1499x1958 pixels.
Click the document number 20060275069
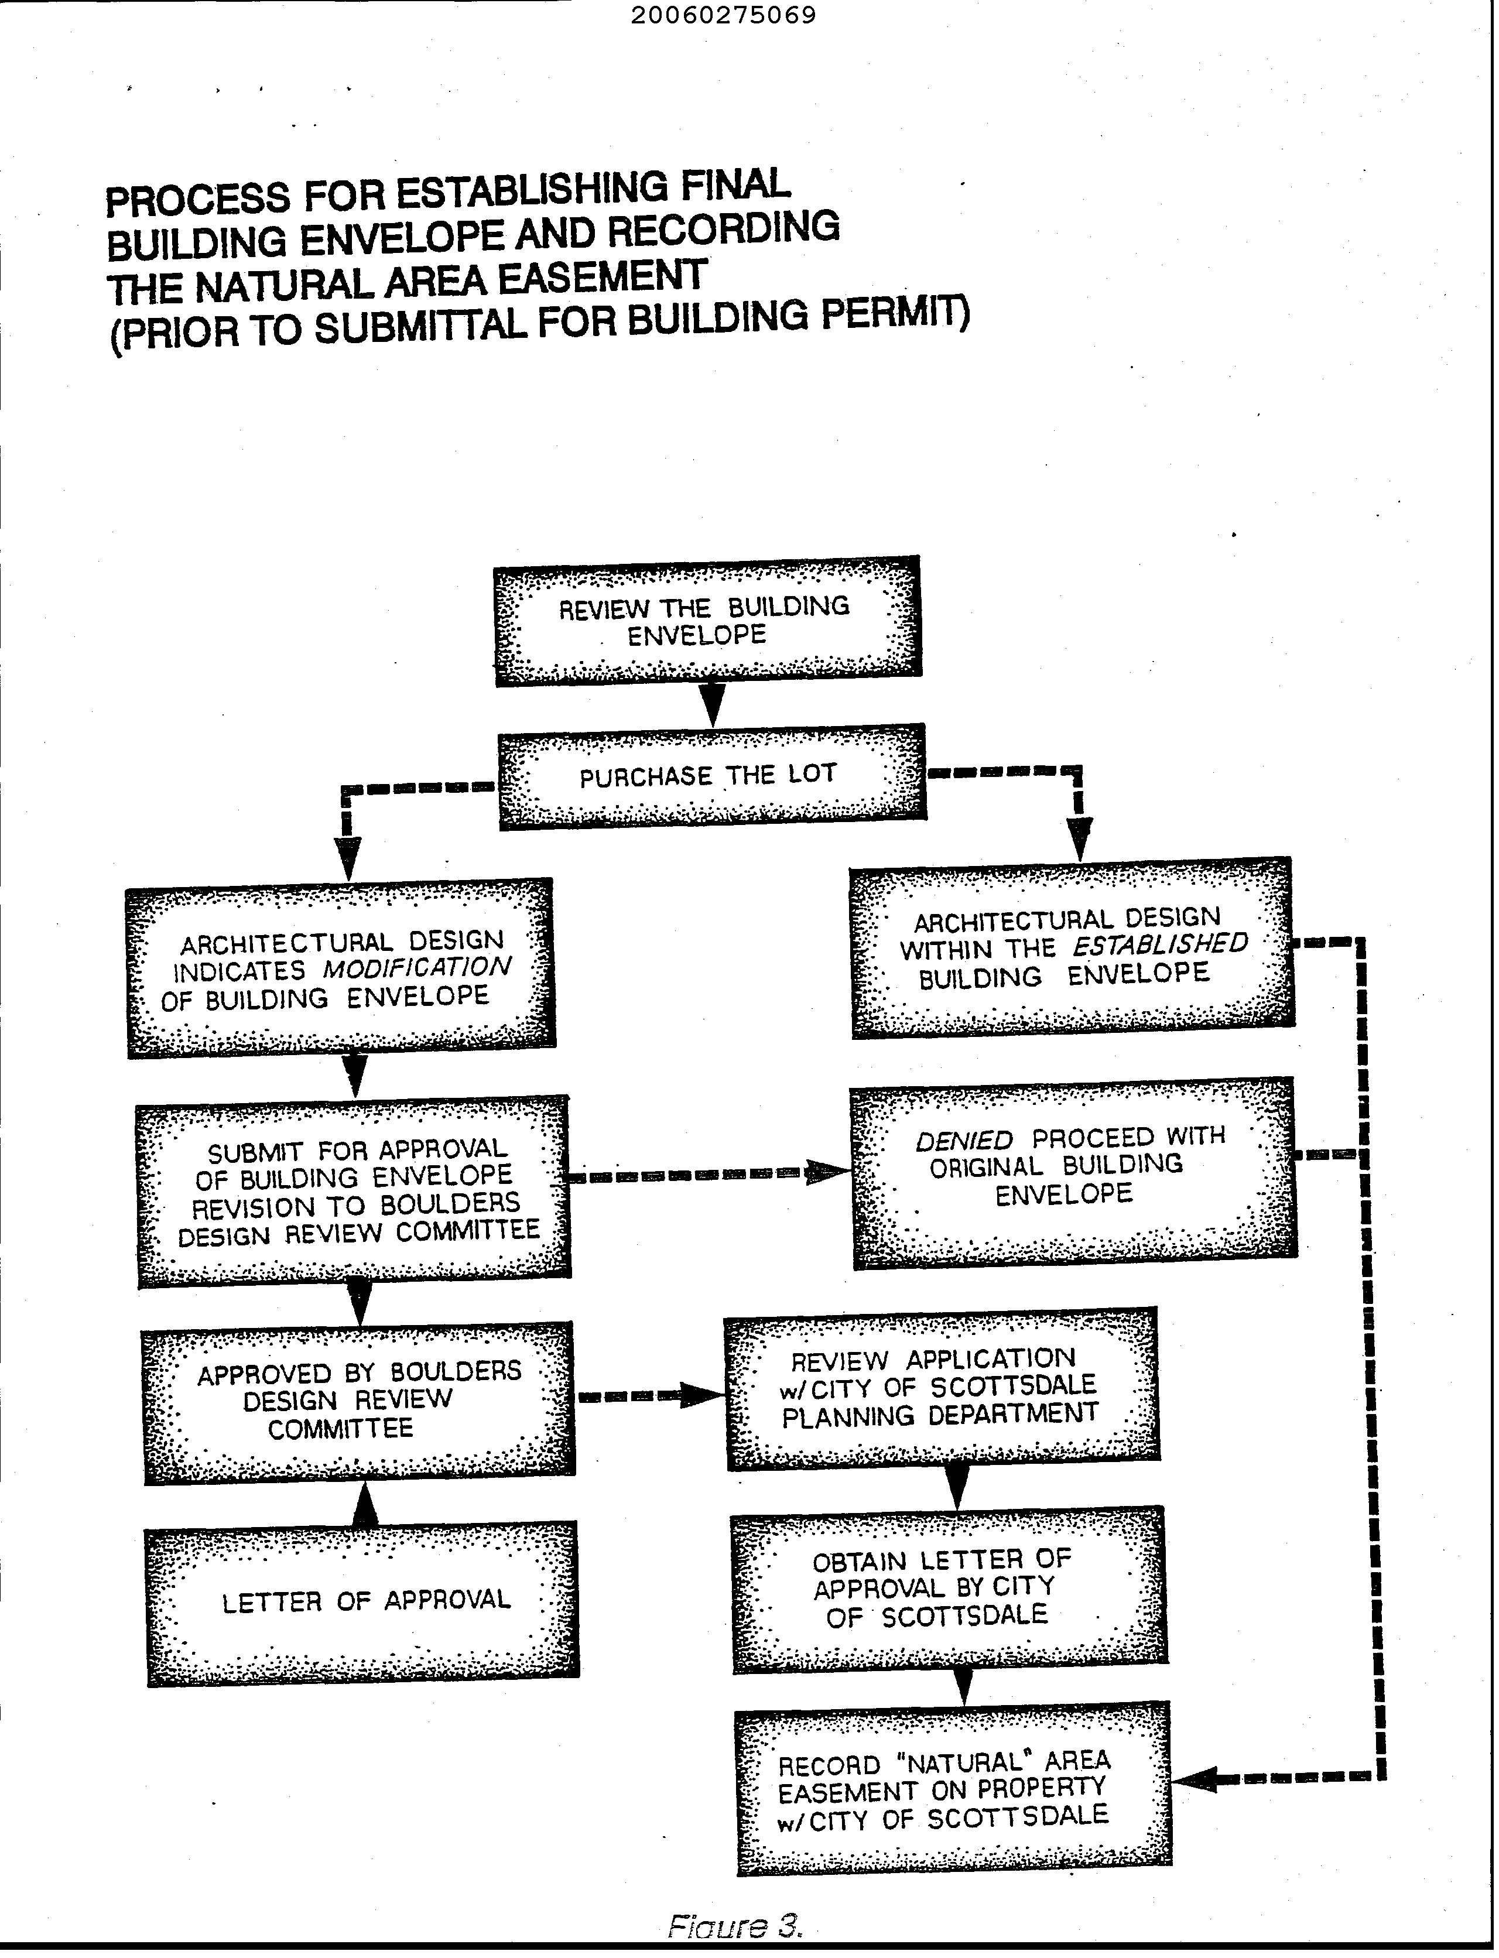[x=723, y=16]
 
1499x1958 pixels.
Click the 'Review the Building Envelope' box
[x=707, y=621]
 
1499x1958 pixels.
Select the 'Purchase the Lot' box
[x=711, y=776]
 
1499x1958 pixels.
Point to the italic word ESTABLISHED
[x=1160, y=944]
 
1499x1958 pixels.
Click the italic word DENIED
[x=964, y=1140]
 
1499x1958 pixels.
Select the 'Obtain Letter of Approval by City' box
[x=949, y=1589]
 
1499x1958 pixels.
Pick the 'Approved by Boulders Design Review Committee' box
[x=359, y=1401]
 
